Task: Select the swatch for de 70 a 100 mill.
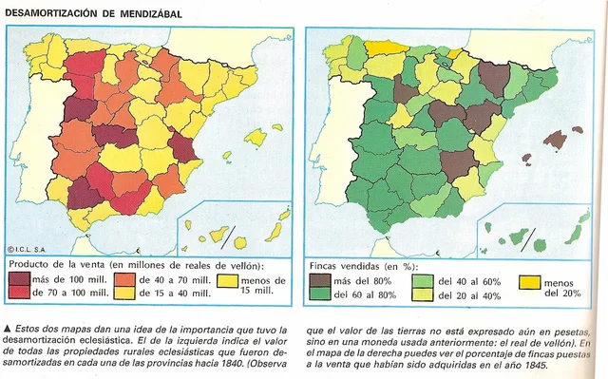tap(19, 294)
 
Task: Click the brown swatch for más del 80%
tap(320, 281)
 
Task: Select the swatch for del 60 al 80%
tap(320, 295)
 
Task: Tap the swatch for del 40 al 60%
tap(424, 281)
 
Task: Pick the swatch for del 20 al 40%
tap(424, 295)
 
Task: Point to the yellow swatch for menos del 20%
tap(528, 282)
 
